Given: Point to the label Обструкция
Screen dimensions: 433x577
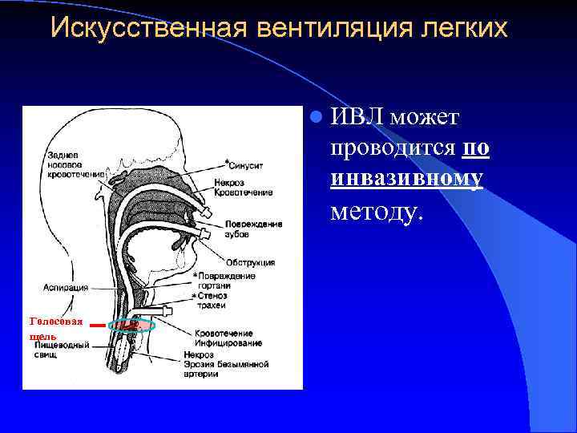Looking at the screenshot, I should (250, 262).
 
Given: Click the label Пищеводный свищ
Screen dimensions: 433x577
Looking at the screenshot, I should (67, 350).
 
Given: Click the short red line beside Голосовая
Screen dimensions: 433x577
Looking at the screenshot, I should (96, 326).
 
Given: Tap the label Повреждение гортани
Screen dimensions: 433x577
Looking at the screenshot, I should (227, 281).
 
